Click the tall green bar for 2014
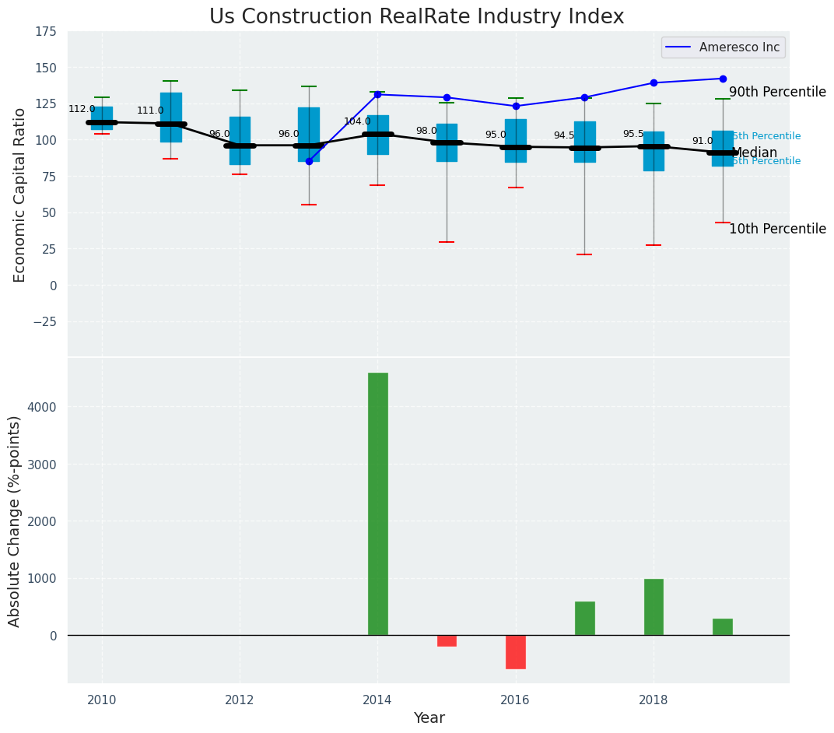coord(377,503)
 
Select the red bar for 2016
coord(515,651)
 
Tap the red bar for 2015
coord(447,640)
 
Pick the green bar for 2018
coord(654,607)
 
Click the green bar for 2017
coord(584,618)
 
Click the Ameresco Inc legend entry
coord(724,47)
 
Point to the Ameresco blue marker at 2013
coord(309,161)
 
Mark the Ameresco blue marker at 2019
coord(723,79)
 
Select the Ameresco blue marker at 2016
coord(516,106)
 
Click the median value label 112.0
coord(82,110)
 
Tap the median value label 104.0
coord(357,121)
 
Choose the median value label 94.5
coord(564,135)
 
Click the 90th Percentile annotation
coord(777,92)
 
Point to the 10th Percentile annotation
coord(777,229)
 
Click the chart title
coord(416,17)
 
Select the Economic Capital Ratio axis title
coord(19,195)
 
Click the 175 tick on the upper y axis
coord(45,31)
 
